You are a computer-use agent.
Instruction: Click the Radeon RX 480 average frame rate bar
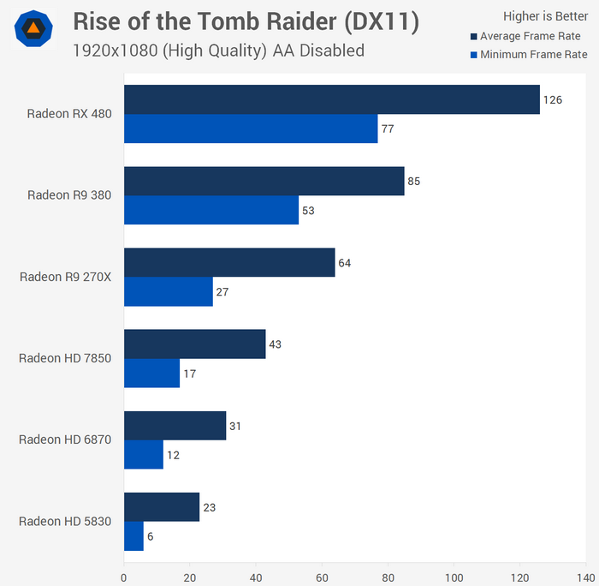[332, 99]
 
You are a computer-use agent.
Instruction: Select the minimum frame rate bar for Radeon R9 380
[211, 210]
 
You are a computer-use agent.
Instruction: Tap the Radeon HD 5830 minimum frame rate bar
[134, 536]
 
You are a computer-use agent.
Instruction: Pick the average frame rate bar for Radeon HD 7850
[195, 344]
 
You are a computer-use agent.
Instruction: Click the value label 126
[553, 99]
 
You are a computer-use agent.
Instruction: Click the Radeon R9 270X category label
[66, 276]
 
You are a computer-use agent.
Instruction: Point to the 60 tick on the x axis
[322, 577]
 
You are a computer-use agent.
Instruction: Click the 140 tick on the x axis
[586, 577]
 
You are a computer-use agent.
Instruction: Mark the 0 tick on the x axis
[124, 577]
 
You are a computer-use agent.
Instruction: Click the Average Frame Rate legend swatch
[472, 37]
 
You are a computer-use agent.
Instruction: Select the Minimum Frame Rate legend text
[534, 55]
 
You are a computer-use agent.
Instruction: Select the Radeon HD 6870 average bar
[175, 426]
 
